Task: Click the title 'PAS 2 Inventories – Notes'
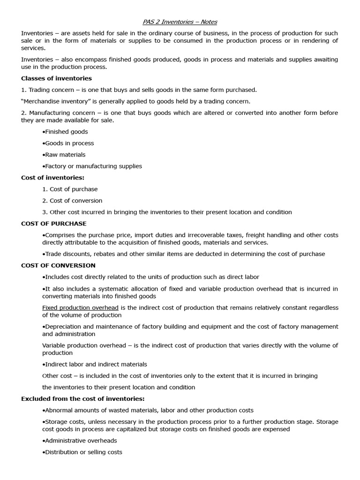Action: [180, 22]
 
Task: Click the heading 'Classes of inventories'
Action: [56, 78]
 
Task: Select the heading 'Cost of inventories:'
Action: [52, 178]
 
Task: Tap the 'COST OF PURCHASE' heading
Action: [54, 224]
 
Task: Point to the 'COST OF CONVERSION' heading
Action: [58, 265]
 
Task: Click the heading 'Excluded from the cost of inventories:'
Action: [82, 399]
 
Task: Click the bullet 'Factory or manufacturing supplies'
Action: [92, 166]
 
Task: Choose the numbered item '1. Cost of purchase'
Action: [70, 189]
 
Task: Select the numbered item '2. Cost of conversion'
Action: [72, 201]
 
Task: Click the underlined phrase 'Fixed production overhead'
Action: [80, 308]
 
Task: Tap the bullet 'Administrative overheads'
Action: [80, 441]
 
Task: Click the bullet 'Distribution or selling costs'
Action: [82, 452]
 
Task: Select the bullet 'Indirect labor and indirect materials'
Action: [95, 364]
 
